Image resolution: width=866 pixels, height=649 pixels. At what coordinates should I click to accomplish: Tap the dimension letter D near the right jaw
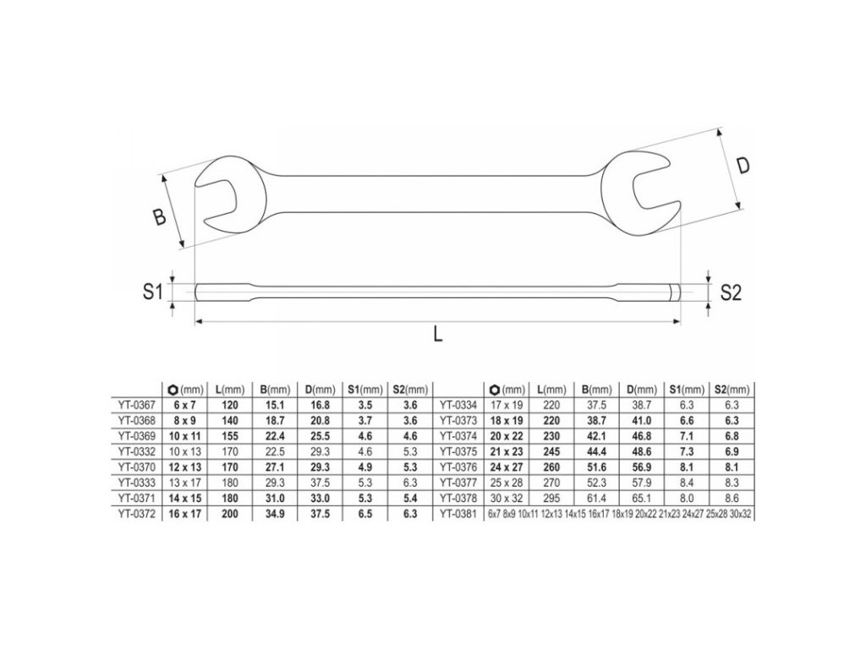point(744,166)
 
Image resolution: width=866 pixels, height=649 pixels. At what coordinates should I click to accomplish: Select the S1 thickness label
point(152,291)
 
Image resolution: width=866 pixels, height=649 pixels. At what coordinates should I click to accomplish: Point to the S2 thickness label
point(731,293)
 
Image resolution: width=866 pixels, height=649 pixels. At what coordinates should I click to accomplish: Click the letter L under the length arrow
point(437,333)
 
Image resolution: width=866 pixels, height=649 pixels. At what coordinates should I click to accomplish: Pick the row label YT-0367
point(136,405)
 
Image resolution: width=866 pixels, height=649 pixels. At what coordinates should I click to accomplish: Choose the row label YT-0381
point(458,514)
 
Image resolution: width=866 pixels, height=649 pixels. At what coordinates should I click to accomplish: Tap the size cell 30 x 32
point(506,499)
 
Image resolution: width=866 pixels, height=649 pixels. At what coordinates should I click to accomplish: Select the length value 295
point(551,499)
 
